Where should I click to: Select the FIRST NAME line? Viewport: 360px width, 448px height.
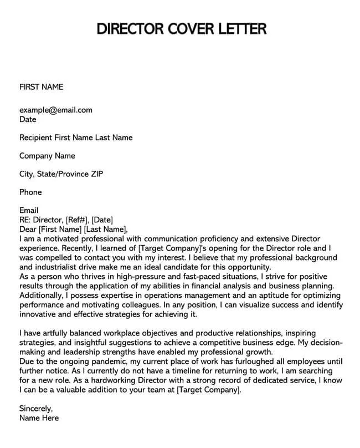click(x=42, y=86)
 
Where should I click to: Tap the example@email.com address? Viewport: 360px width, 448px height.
click(x=56, y=110)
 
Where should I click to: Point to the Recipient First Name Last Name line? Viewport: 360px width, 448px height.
click(x=76, y=137)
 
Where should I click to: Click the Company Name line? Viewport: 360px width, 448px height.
click(x=47, y=156)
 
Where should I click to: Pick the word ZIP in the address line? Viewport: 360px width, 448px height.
click(x=96, y=174)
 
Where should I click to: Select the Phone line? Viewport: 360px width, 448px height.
click(x=30, y=192)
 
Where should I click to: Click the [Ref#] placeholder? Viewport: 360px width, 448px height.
click(x=77, y=220)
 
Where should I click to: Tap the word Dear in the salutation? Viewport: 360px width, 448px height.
click(x=28, y=229)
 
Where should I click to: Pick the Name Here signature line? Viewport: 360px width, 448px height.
click(x=39, y=418)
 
